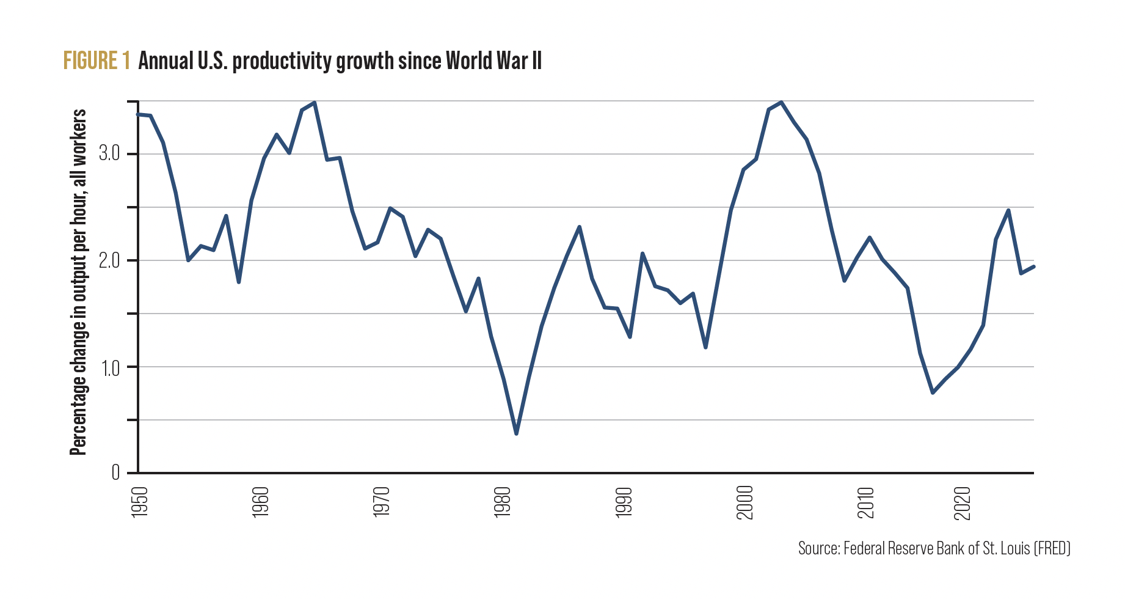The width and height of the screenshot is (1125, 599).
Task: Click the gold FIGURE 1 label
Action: point(96,61)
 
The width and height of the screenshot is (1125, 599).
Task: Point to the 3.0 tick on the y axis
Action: point(109,154)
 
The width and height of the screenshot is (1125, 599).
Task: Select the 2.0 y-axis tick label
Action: point(109,260)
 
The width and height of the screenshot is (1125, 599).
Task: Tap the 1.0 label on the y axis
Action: point(110,367)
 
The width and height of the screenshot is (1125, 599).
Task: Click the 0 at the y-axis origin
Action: point(115,472)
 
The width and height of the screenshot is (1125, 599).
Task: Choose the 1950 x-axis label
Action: point(140,502)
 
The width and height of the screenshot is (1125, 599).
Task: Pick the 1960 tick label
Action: point(261,502)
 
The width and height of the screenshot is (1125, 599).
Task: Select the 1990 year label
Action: point(624,502)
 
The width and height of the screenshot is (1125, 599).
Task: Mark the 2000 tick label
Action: point(745,502)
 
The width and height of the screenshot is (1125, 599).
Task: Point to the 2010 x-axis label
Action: point(865,502)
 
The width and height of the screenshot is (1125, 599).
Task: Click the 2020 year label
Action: point(962,502)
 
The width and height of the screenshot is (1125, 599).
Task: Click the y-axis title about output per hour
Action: point(78,282)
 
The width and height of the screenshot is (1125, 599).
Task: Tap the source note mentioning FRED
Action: point(934,548)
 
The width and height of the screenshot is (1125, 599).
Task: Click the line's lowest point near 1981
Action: point(516,433)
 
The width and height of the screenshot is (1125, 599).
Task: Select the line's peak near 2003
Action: point(781,103)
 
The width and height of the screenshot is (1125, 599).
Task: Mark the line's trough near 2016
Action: point(933,392)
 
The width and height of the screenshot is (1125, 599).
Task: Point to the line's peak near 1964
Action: point(314,103)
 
